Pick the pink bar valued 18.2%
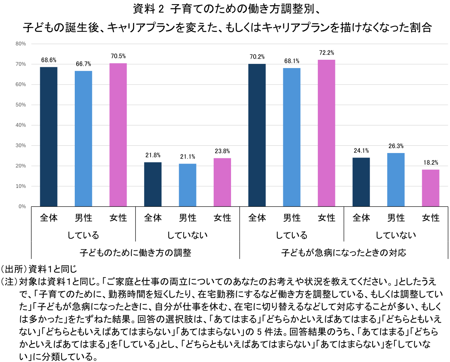pyautogui.click(x=430, y=188)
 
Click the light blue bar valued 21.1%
pyautogui.click(x=187, y=185)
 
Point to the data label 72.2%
pyautogui.click(x=326, y=53)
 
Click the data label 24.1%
pyautogui.click(x=361, y=150)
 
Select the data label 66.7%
pyautogui.click(x=83, y=64)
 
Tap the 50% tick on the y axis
pyautogui.click(x=21, y=105)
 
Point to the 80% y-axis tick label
pyautogui.click(x=21, y=44)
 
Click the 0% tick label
pyautogui.click(x=22, y=206)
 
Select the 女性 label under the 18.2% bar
pyautogui.click(x=430, y=218)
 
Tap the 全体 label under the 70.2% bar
pyautogui.click(x=257, y=218)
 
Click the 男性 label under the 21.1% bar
pyautogui.click(x=187, y=218)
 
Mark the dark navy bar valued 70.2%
pyautogui.click(x=257, y=135)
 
